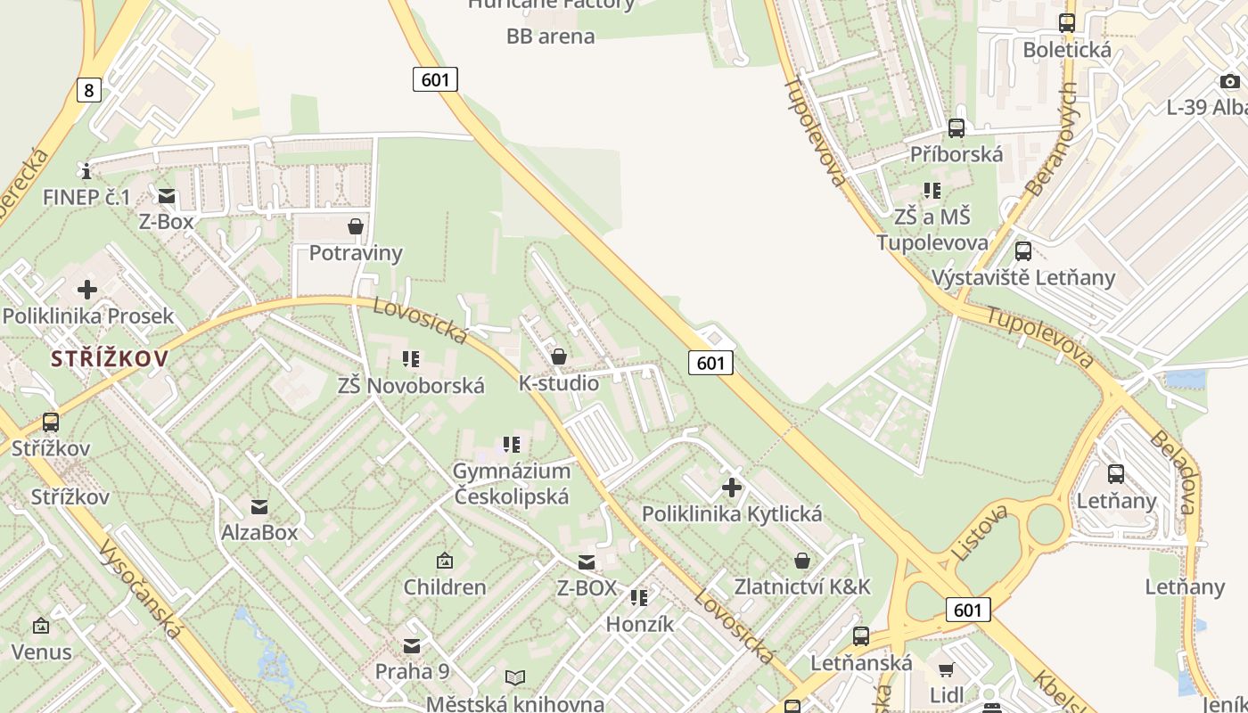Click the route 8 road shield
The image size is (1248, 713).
[88, 89]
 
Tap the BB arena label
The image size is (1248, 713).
[550, 37]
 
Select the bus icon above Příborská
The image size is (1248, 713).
[957, 128]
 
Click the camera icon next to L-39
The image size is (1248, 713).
[1230, 82]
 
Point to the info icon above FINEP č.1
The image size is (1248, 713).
[86, 170]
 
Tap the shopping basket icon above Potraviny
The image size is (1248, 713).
[356, 226]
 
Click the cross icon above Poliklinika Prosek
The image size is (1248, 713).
[87, 290]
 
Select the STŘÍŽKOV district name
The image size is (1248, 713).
[110, 359]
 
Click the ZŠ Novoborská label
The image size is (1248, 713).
[411, 386]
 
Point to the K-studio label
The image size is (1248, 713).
[559, 383]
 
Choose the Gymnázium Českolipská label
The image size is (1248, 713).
[512, 483]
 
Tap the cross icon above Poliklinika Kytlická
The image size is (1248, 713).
[732, 488]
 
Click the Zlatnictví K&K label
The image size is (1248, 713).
[802, 586]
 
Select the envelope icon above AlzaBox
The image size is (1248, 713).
[259, 507]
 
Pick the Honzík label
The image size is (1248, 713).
[640, 624]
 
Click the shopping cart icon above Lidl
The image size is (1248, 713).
[946, 669]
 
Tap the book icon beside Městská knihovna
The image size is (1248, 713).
[515, 678]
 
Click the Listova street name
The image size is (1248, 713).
[979, 533]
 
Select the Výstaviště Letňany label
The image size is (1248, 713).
[1023, 277]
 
